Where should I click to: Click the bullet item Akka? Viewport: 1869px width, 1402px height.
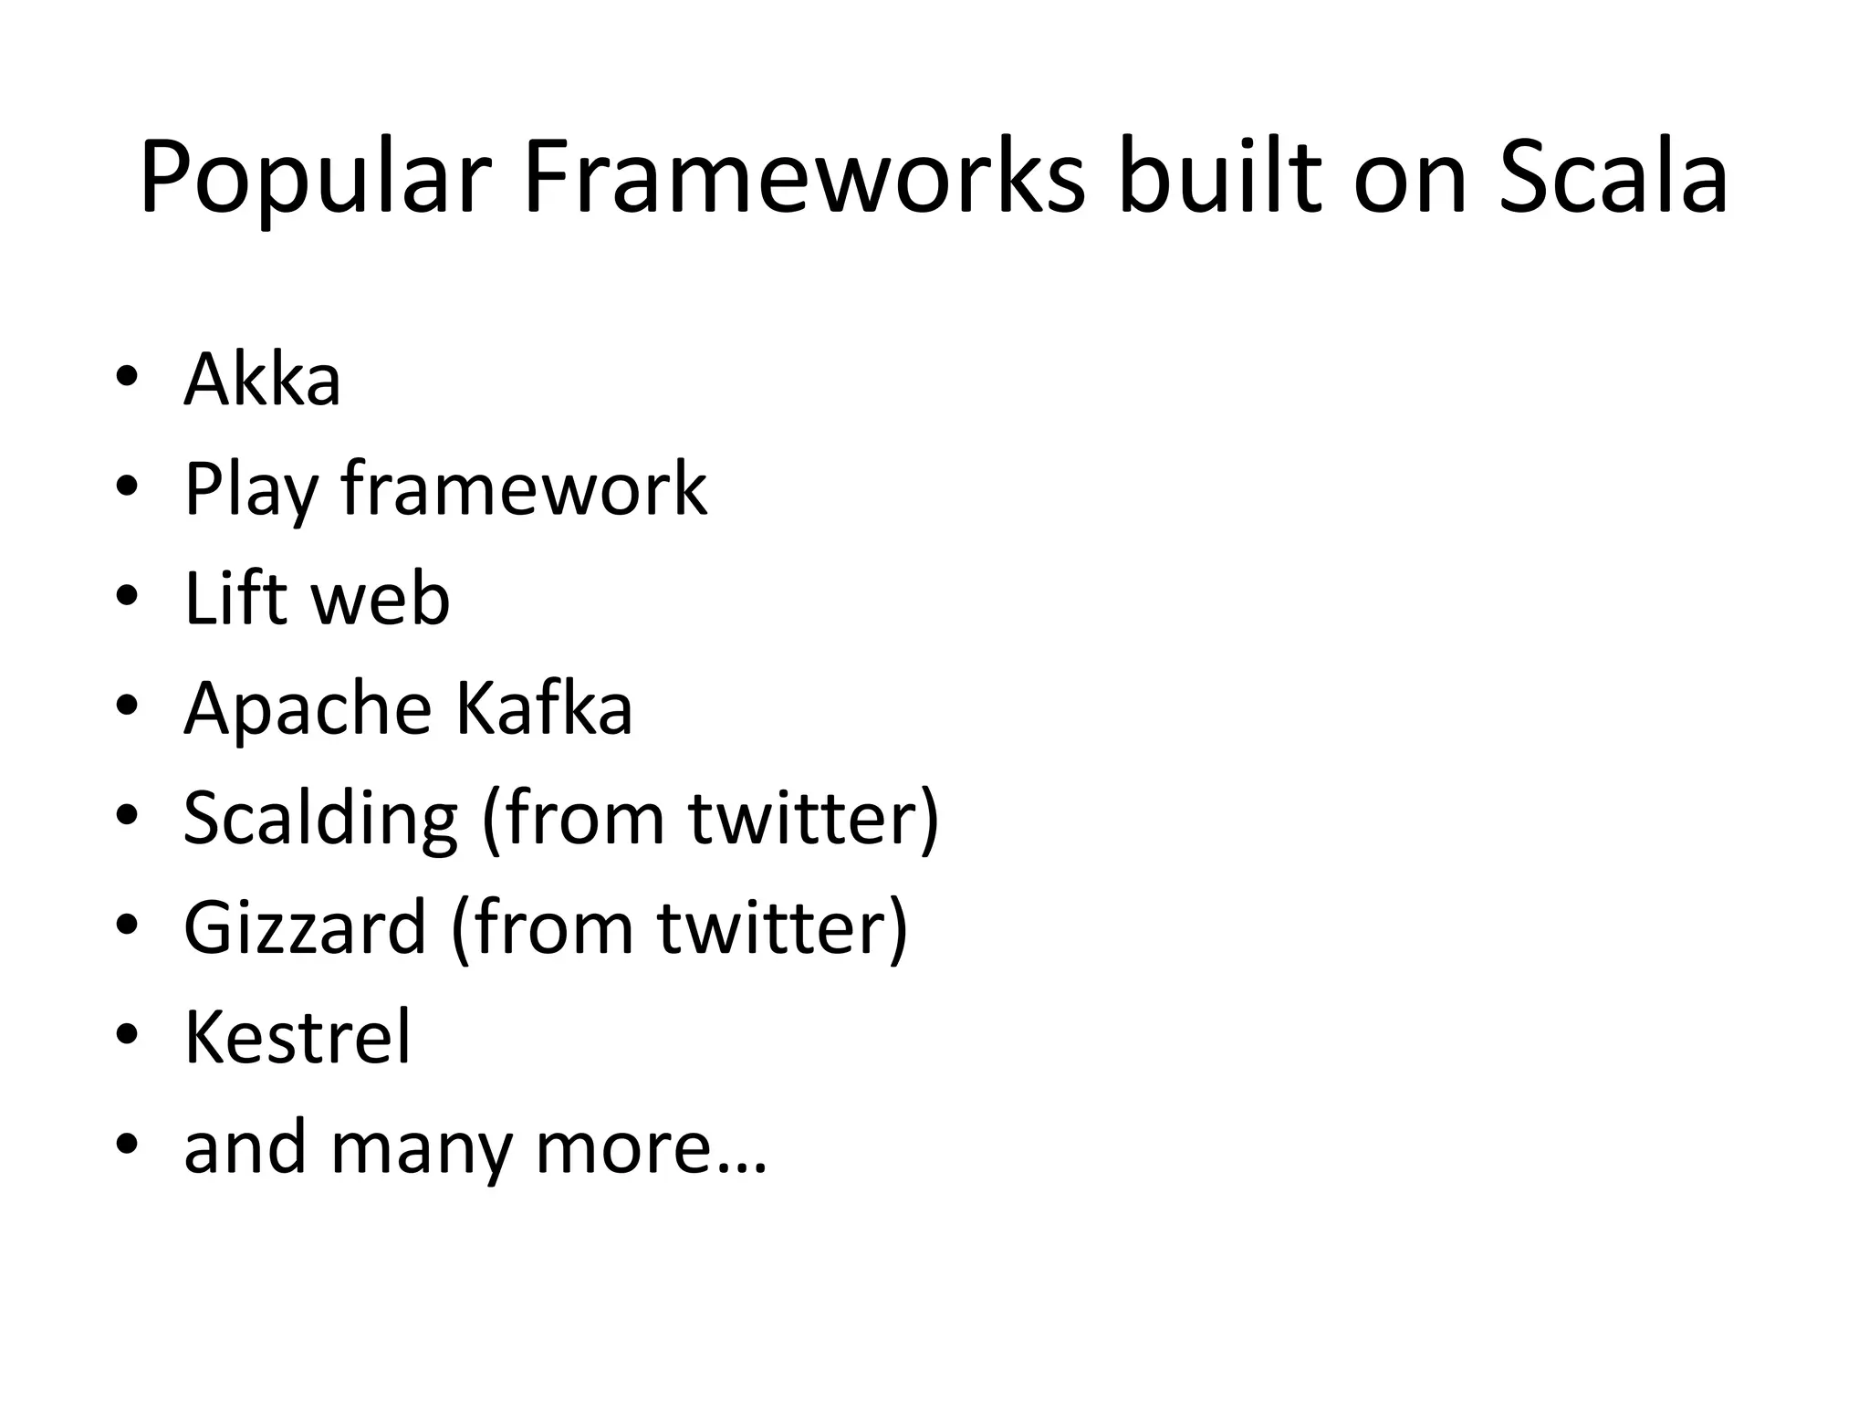[262, 379]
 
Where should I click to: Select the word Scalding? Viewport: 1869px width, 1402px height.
[320, 820]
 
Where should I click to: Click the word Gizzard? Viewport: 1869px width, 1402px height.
[305, 928]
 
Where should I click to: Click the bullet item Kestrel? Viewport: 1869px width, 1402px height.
[298, 1037]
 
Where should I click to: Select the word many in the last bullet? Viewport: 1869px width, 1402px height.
[421, 1148]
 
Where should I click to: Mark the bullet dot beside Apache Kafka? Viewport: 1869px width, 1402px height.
[127, 704]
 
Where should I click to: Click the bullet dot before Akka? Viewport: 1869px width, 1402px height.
[127, 375]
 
